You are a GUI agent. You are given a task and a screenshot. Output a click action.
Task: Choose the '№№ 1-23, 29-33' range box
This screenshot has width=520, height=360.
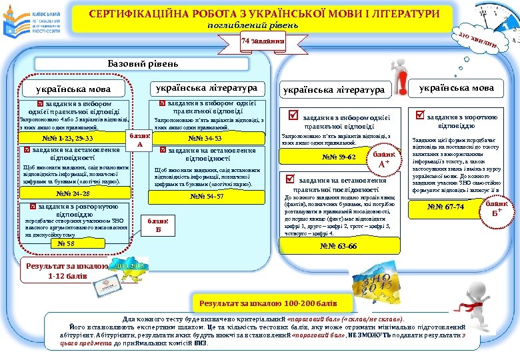click(x=67, y=139)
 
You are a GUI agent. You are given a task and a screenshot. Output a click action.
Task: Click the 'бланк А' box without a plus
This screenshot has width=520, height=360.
click(x=140, y=140)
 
